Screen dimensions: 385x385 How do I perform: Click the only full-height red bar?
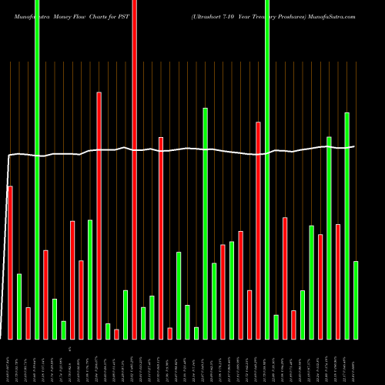coord(134,169)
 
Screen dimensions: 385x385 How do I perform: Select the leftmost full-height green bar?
coord(37,169)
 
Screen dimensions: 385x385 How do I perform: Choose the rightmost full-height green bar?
coord(267,169)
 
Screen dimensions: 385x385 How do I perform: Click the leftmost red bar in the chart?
coord(10,262)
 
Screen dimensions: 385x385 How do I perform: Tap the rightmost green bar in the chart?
coord(356,300)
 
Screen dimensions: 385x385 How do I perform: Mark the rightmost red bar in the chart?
coord(338,281)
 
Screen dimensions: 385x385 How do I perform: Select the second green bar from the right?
coord(346,226)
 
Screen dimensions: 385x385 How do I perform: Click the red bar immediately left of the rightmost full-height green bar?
coord(258,230)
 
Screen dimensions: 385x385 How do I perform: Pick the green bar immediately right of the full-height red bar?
coord(143,323)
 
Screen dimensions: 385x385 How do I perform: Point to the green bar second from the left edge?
coord(37,169)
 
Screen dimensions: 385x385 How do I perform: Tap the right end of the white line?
coord(355,146)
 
